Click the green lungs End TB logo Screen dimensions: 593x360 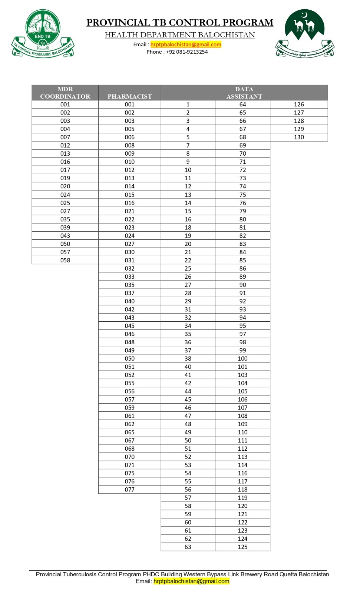43,34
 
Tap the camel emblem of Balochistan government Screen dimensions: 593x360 304,33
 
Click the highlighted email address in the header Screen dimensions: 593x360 186,44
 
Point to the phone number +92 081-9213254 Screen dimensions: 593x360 187,52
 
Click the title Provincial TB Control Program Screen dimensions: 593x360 180,23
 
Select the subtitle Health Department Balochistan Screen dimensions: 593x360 180,35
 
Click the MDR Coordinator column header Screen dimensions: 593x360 65,93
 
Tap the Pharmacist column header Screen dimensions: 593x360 130,96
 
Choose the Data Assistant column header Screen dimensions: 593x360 244,93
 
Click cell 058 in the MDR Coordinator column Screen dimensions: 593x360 65,260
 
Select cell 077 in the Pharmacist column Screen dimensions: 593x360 130,490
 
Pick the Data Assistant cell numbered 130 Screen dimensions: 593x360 299,137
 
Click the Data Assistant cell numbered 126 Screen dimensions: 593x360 299,105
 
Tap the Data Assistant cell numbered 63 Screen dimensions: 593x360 188,547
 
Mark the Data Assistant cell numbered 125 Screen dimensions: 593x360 242,547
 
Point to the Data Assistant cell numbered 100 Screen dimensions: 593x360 242,358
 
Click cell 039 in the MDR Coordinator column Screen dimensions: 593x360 65,228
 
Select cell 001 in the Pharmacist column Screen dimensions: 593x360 130,105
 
